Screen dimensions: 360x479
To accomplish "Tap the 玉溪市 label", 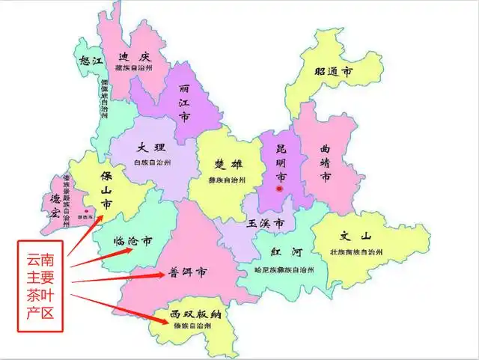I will (266, 224).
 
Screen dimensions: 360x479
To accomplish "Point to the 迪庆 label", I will (135, 58).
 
